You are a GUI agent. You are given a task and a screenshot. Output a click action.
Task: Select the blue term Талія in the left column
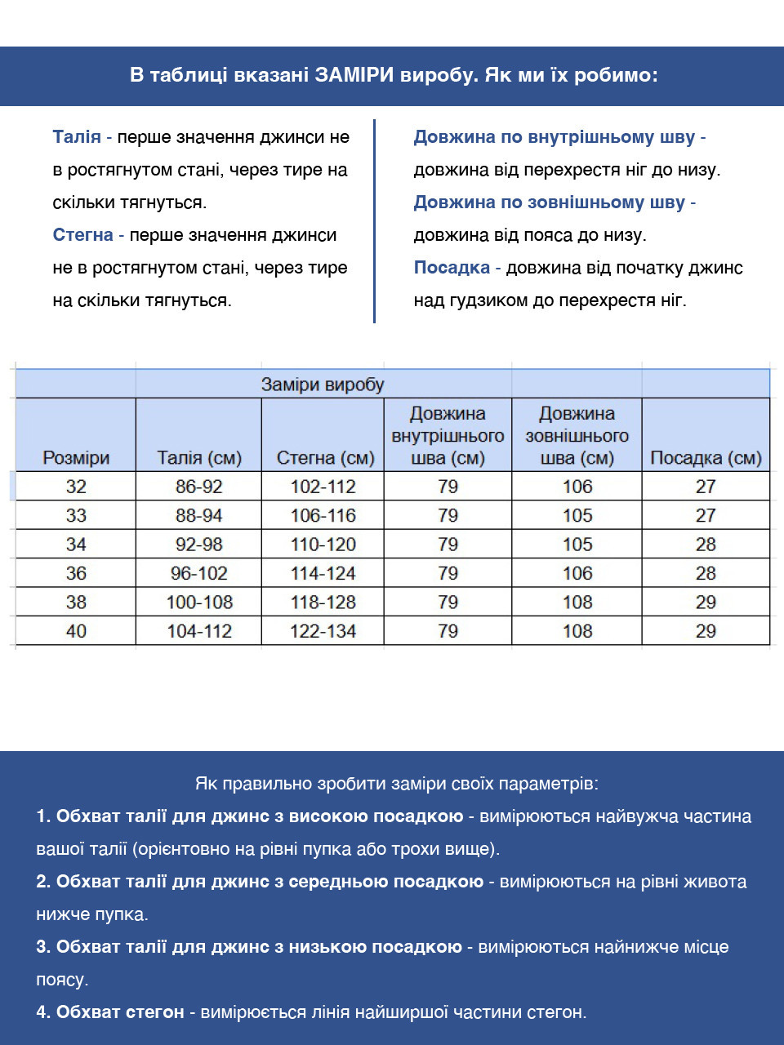point(77,137)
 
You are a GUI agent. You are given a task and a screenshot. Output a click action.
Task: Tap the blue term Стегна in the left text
point(82,235)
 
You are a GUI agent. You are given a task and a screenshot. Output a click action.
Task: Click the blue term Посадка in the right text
point(451,268)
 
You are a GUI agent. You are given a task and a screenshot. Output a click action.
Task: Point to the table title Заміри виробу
point(323,385)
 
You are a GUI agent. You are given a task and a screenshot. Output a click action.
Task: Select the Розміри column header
point(76,458)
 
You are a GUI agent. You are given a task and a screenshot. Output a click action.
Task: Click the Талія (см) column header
point(199,458)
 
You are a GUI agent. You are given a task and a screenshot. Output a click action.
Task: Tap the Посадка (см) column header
point(706,458)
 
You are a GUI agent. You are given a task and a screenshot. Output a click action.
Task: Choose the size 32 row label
point(76,487)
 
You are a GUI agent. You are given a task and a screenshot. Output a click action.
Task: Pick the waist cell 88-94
point(199,515)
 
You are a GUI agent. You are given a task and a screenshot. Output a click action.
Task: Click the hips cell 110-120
point(323,545)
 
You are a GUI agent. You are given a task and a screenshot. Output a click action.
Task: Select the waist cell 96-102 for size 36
point(199,573)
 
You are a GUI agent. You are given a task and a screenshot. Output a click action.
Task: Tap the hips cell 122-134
point(323,631)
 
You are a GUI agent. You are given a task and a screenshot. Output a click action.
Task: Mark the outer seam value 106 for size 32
point(577,487)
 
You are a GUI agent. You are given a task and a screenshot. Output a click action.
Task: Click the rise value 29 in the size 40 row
point(706,631)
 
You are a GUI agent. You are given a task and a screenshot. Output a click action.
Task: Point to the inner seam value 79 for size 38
point(448,603)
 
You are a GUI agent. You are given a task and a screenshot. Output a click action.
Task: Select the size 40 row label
point(76,631)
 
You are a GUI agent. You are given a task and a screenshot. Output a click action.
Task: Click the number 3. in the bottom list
point(43,947)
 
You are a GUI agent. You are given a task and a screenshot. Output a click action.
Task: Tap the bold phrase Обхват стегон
point(120,1012)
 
